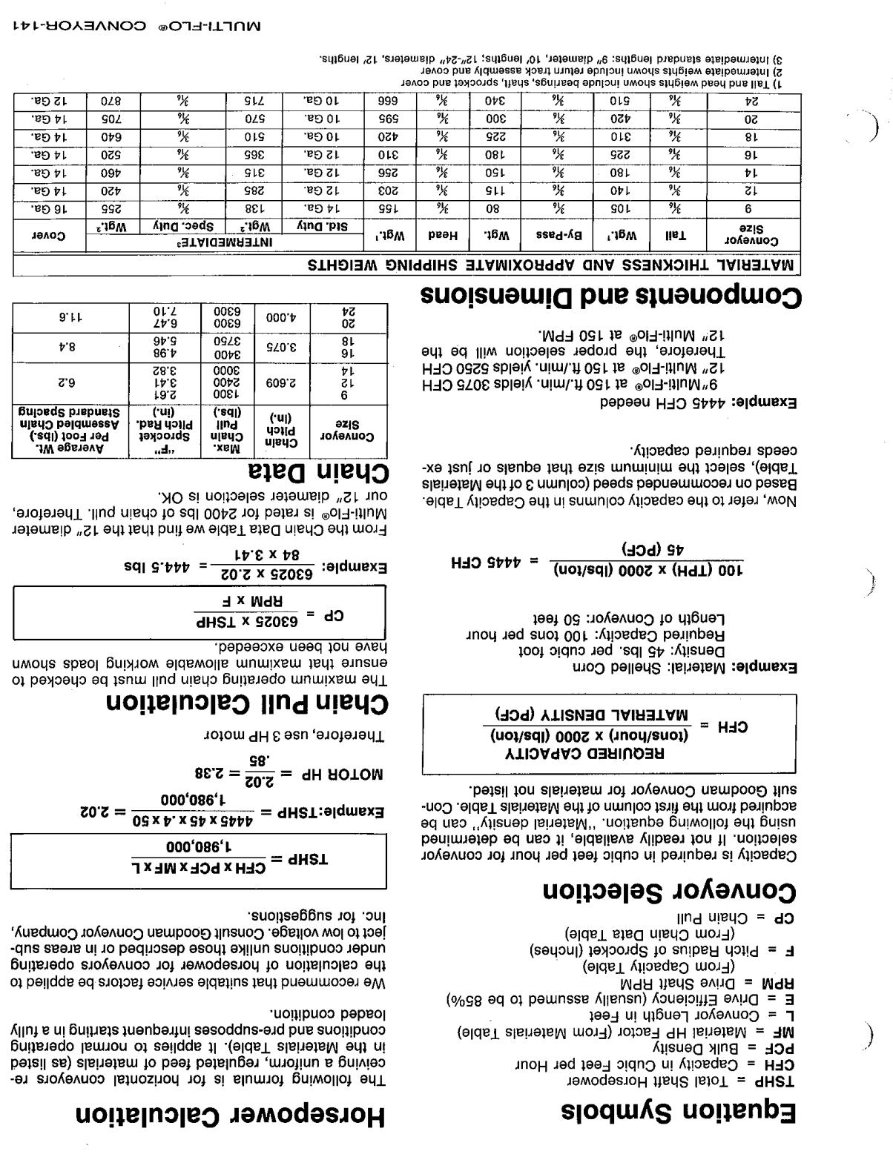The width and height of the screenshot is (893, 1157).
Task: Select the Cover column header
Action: [x=49, y=236]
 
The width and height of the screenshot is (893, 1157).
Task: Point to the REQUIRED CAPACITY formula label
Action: [x=586, y=752]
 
